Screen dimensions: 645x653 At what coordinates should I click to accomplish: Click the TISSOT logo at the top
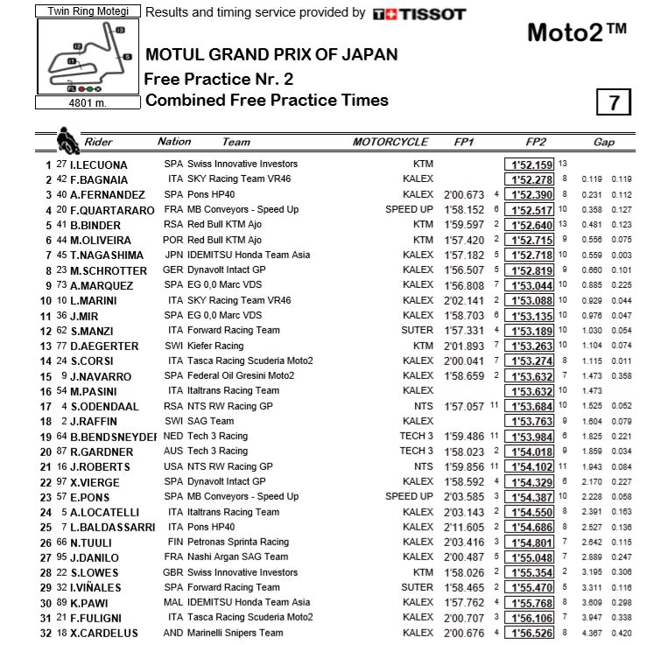pos(419,14)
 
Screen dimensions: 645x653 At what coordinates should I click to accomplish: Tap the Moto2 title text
pos(577,32)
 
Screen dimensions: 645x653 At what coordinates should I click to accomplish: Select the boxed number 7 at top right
pos(614,102)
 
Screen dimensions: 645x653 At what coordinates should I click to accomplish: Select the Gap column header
pos(603,142)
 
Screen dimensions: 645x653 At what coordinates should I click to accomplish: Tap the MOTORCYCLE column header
pos(390,142)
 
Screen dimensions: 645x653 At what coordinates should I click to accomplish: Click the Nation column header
pos(174,142)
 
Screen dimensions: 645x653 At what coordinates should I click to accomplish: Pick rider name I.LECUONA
pos(99,165)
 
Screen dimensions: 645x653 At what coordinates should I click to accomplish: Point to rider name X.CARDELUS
pos(105,633)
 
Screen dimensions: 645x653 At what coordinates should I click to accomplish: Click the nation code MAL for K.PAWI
pos(173,602)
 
